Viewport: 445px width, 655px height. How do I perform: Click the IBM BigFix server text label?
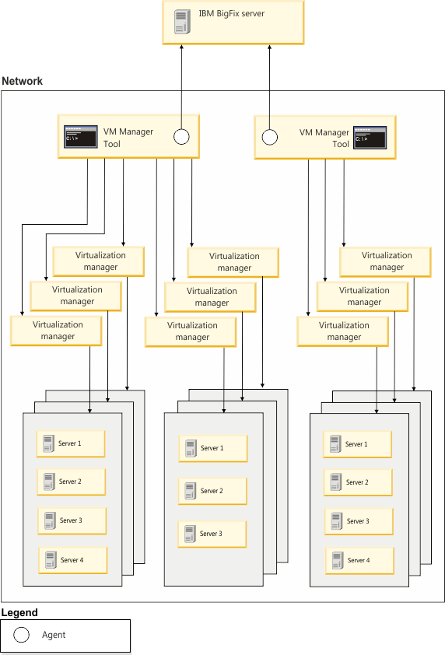coord(232,14)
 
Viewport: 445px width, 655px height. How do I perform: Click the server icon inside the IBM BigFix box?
coord(182,21)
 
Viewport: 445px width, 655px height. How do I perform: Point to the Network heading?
coord(23,81)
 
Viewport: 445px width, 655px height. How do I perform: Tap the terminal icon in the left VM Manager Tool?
coord(80,137)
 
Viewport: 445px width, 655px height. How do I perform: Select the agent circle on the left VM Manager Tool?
coord(180,137)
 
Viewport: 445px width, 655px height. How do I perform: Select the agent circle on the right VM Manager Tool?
coord(270,138)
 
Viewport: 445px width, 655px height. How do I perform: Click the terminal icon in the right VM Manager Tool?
coord(370,138)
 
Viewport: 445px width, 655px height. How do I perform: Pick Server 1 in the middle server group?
coord(212,448)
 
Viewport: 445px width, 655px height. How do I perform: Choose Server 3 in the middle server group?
coord(212,534)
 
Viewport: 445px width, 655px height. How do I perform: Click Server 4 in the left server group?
coord(72,559)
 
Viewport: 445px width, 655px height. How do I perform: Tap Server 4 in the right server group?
coord(359,560)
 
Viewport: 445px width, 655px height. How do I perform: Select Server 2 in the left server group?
coord(71,482)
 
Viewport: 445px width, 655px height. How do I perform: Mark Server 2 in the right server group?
coord(357,482)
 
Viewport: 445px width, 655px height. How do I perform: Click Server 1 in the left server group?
coord(70,443)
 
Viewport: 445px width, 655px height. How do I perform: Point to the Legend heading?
coord(18,613)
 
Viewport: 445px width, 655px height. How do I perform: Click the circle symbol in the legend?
coord(22,635)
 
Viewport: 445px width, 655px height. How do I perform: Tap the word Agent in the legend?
coord(54,635)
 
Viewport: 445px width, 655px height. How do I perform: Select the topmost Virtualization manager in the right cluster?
coord(386,261)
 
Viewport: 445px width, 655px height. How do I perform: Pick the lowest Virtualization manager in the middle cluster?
coord(191,331)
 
